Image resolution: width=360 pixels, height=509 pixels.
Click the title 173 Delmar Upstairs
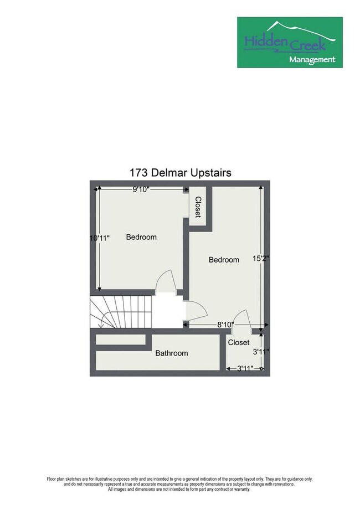pyautogui.click(x=180, y=172)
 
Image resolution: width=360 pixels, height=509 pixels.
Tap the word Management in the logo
pyautogui.click(x=312, y=59)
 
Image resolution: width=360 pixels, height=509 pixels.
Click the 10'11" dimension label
pyautogui.click(x=100, y=238)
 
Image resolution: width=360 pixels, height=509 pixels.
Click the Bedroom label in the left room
pyautogui.click(x=141, y=237)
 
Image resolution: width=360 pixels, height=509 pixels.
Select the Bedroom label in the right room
pyautogui.click(x=224, y=260)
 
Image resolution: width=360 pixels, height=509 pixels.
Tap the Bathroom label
pyautogui.click(x=171, y=353)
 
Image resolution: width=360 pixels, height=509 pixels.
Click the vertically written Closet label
pyautogui.click(x=198, y=207)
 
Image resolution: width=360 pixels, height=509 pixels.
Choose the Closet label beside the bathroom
pyautogui.click(x=239, y=342)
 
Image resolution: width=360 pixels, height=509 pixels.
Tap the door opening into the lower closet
pyautogui.click(x=242, y=321)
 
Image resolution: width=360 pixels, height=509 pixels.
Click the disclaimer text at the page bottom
pyautogui.click(x=180, y=484)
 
